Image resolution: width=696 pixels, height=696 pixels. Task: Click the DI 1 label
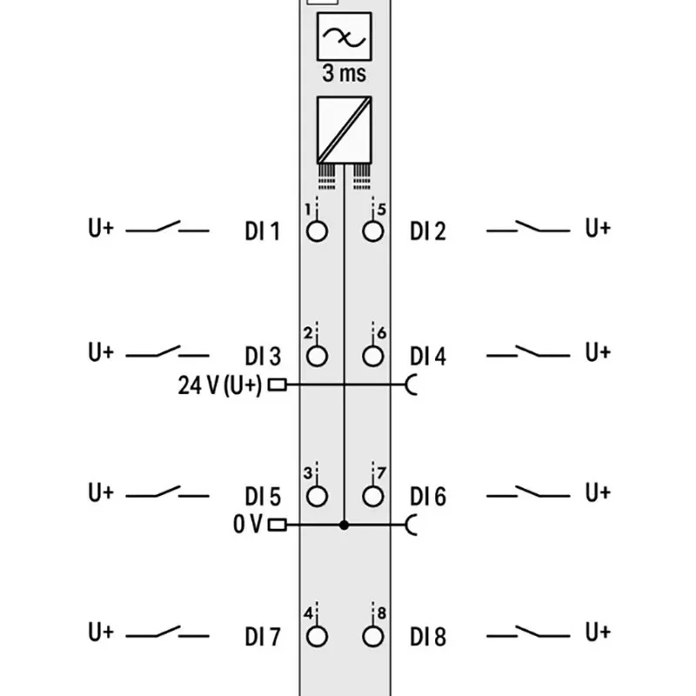pyautogui.click(x=263, y=231)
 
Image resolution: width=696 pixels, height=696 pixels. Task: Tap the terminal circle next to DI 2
pyautogui.click(x=373, y=231)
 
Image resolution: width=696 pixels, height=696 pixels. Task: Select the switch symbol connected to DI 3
pyautogui.click(x=167, y=352)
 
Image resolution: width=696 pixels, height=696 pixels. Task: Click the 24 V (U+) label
pyautogui.click(x=220, y=385)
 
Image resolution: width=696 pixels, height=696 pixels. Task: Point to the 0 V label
pyautogui.click(x=248, y=525)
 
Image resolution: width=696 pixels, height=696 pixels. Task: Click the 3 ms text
pyautogui.click(x=345, y=73)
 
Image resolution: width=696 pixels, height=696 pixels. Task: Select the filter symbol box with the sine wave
pyautogui.click(x=344, y=37)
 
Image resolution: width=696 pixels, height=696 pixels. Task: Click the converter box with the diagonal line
pyautogui.click(x=344, y=130)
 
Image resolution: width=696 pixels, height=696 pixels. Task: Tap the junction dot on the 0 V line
pyautogui.click(x=344, y=525)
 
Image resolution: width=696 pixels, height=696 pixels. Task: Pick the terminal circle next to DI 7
pyautogui.click(x=317, y=636)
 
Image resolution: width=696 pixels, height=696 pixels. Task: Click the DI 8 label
pyautogui.click(x=428, y=637)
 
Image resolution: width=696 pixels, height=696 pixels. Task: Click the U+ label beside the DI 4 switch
pyautogui.click(x=598, y=352)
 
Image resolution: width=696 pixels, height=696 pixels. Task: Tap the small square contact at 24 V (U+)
pyautogui.click(x=278, y=385)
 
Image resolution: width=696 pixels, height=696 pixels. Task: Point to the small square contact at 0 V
pyautogui.click(x=278, y=525)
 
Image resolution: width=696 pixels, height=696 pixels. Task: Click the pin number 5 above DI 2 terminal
pyautogui.click(x=381, y=209)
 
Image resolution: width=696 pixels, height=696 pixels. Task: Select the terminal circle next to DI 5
pyautogui.click(x=317, y=496)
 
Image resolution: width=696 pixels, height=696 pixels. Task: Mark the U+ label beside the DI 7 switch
pyautogui.click(x=101, y=632)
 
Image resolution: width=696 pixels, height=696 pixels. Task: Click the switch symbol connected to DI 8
pyautogui.click(x=528, y=632)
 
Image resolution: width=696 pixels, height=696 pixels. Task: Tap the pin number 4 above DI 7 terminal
pyautogui.click(x=309, y=613)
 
